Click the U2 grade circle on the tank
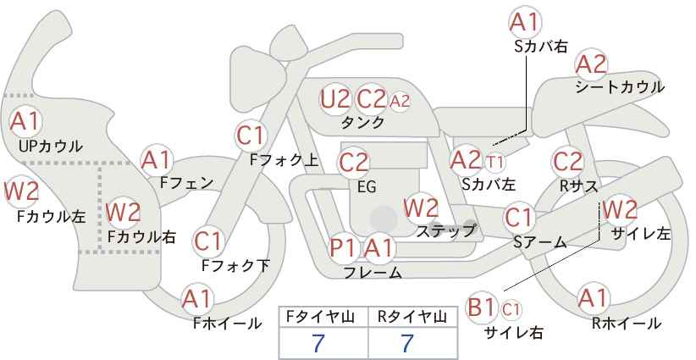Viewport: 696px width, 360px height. (x=335, y=99)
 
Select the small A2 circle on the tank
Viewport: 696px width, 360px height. (x=400, y=101)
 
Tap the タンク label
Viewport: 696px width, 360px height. (x=362, y=122)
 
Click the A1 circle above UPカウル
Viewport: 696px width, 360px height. (x=25, y=122)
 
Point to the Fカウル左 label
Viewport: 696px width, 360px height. (x=51, y=216)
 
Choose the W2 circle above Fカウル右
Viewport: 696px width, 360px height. (x=124, y=212)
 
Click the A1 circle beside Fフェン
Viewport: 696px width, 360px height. (x=156, y=160)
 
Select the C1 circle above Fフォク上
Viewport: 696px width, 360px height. (x=251, y=136)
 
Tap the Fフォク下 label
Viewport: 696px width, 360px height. (x=235, y=265)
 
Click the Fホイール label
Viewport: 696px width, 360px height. (x=227, y=324)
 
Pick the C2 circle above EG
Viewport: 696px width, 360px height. (x=353, y=163)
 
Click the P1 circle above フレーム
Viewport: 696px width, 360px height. (x=343, y=247)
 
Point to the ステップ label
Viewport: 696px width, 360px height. (x=445, y=231)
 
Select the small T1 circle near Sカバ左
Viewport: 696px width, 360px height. (x=494, y=163)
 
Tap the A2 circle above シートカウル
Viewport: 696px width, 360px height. (x=591, y=65)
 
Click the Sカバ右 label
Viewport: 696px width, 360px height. (x=541, y=47)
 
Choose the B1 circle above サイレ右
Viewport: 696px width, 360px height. (x=482, y=307)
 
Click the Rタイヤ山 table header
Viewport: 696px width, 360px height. (x=412, y=317)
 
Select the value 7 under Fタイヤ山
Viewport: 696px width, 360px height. (x=318, y=343)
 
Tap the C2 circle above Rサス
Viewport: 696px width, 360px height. (x=567, y=162)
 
